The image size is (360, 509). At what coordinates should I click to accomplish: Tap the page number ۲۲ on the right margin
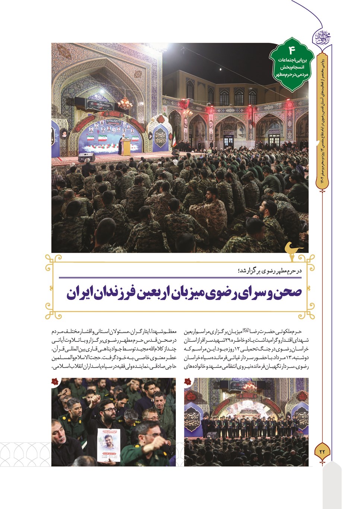pos(322,451)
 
